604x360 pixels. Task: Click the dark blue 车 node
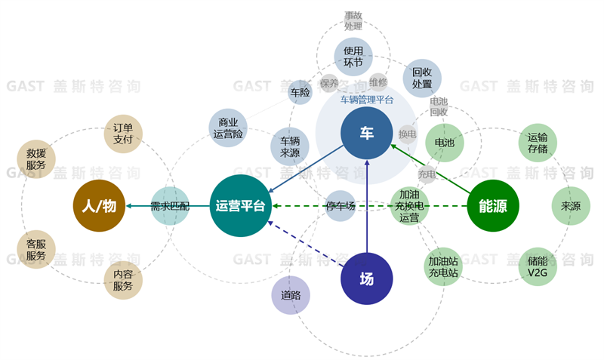pyautogui.click(x=366, y=134)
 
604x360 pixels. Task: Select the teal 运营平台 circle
pyautogui.click(x=239, y=205)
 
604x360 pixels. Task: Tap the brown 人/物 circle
pyautogui.click(x=99, y=205)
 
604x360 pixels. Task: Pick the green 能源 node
pyautogui.click(x=493, y=205)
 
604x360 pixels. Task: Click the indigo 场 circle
pyautogui.click(x=366, y=278)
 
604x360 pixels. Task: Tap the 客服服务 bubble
pyautogui.click(x=36, y=250)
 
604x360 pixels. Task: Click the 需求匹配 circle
pyautogui.click(x=170, y=205)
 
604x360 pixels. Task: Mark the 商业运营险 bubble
pyautogui.click(x=228, y=128)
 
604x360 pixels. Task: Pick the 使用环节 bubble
pyautogui.click(x=353, y=57)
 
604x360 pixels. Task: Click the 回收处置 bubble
pyautogui.click(x=422, y=78)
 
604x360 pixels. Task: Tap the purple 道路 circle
pyautogui.click(x=291, y=295)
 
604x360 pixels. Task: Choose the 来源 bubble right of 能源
pyautogui.click(x=571, y=205)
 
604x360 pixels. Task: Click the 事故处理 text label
pyautogui.click(x=353, y=20)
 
